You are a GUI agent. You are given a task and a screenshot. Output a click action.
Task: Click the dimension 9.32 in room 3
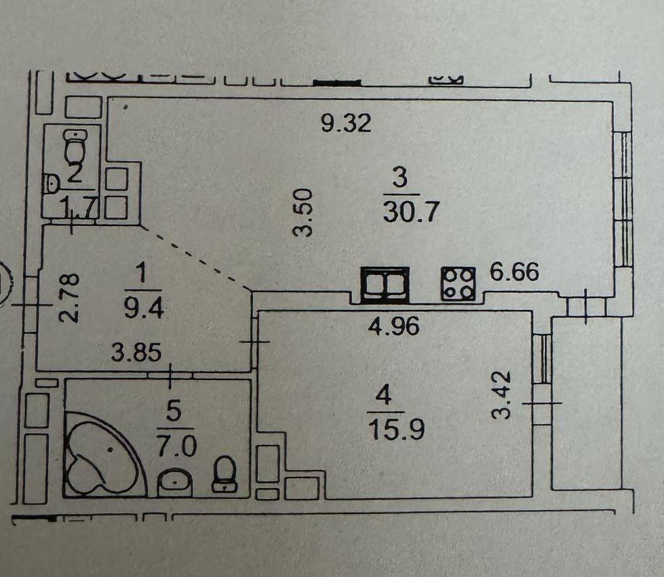(346, 123)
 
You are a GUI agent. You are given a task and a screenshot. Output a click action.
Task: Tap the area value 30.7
(410, 212)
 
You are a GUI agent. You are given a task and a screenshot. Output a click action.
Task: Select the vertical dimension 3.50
(304, 213)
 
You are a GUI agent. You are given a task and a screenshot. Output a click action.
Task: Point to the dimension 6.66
(514, 272)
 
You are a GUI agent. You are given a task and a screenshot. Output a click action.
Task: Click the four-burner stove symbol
(458, 284)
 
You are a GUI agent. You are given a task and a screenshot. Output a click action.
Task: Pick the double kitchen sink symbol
(385, 285)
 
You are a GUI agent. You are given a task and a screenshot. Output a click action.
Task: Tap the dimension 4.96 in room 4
(394, 327)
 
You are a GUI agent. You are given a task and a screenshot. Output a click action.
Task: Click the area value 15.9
(396, 430)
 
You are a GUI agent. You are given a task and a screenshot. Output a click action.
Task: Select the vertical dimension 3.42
(503, 395)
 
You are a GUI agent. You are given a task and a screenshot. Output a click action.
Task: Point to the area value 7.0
(176, 447)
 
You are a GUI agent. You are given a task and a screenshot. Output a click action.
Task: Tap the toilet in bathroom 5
(225, 473)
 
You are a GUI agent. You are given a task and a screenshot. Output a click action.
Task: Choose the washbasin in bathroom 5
(175, 483)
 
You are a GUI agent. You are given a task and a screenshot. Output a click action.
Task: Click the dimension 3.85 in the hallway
(136, 353)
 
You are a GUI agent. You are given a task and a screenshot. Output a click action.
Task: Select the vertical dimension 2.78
(69, 298)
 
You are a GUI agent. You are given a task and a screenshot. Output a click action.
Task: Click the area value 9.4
(144, 308)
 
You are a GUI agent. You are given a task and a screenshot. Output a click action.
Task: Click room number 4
(384, 397)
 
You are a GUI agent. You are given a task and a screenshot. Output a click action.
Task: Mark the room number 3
(399, 179)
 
